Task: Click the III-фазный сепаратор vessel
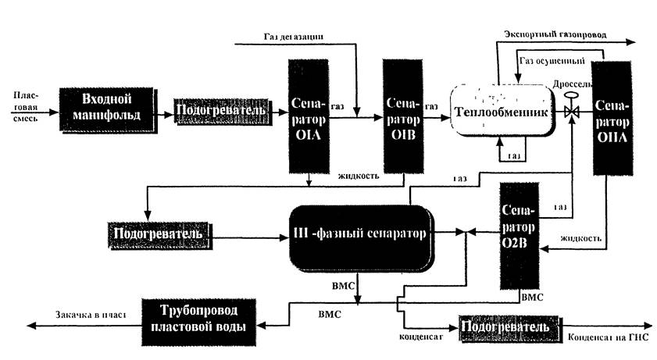tap(359, 233)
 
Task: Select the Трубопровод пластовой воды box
tap(198, 318)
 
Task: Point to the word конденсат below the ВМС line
tap(423, 338)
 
